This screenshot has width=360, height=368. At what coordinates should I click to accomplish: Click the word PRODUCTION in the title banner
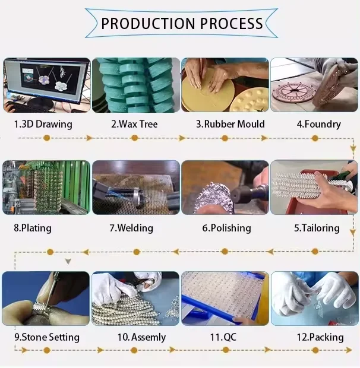(x=148, y=24)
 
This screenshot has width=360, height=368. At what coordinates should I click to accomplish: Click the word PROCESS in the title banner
(x=231, y=24)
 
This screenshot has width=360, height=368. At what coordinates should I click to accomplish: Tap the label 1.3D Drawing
(x=43, y=125)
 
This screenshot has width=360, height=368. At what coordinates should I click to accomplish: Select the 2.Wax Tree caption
(x=134, y=124)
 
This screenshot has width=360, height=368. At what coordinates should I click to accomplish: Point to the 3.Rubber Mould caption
(x=230, y=124)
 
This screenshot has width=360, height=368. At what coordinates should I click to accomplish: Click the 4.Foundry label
(x=318, y=125)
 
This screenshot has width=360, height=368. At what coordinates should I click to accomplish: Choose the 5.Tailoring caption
(x=317, y=228)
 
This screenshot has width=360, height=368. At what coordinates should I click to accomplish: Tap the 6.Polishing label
(x=226, y=228)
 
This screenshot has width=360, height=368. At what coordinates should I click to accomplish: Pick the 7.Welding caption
(x=131, y=228)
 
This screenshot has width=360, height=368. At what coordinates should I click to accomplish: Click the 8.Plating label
(x=33, y=228)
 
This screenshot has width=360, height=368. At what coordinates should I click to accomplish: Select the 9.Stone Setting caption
(x=47, y=338)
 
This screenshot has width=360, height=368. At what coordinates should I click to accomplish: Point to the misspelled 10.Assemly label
(x=141, y=338)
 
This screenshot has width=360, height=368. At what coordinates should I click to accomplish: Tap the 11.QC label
(x=223, y=337)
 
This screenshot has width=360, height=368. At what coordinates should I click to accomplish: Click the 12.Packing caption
(x=320, y=338)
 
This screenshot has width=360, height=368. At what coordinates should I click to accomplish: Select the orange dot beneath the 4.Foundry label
(x=315, y=138)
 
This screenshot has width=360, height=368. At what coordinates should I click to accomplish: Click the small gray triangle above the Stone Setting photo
(x=68, y=261)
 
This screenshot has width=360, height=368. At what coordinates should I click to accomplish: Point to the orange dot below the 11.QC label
(x=226, y=350)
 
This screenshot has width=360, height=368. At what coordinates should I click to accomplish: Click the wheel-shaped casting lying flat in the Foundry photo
(x=293, y=93)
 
